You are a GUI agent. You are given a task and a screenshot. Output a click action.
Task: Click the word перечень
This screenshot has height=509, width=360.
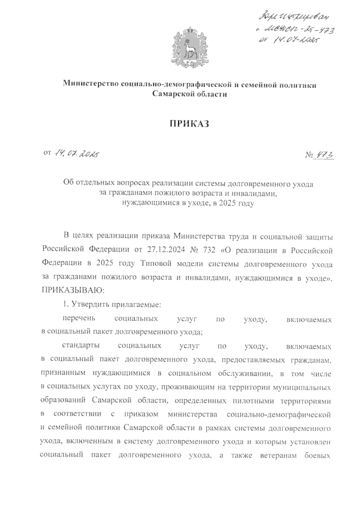[78, 319]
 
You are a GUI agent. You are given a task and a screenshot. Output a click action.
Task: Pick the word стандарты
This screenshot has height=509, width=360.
[81, 346]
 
